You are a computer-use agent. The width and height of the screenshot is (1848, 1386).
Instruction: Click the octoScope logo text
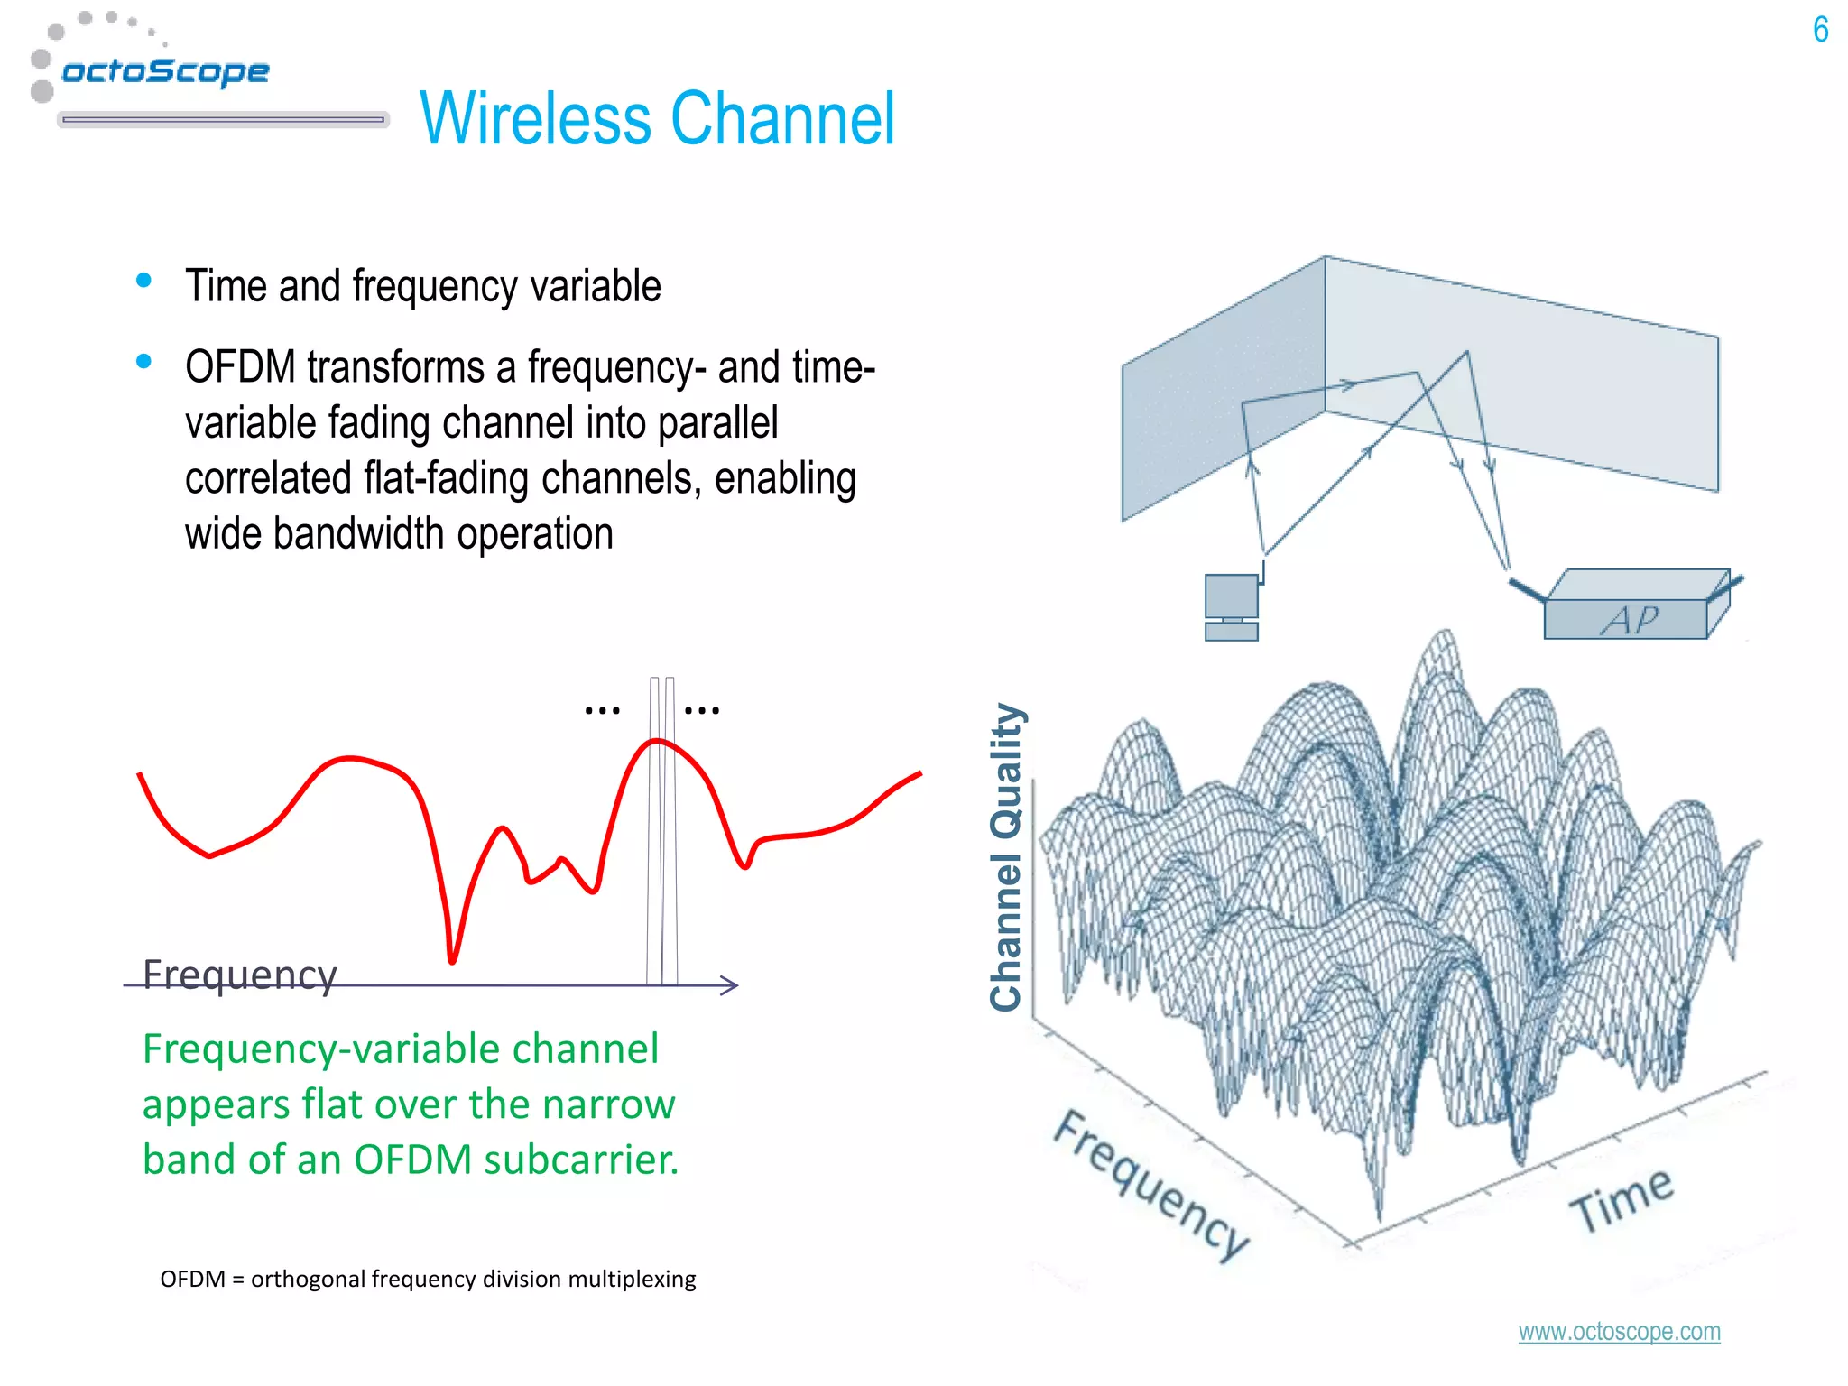[165, 71]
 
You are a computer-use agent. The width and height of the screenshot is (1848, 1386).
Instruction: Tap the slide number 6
[1820, 30]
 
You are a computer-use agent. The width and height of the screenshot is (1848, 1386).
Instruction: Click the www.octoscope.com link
[1619, 1332]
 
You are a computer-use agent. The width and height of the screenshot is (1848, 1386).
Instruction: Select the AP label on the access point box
[1630, 620]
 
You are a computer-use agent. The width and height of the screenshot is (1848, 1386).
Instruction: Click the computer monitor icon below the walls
[1231, 596]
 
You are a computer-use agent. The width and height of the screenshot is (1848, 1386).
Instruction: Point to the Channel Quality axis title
[1007, 856]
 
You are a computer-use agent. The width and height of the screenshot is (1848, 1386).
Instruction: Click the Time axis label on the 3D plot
[1622, 1199]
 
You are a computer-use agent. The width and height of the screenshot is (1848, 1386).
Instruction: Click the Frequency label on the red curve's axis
[240, 975]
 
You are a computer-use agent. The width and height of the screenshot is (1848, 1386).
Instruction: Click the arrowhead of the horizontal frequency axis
[731, 985]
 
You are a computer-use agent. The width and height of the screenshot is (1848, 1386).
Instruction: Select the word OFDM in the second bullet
[240, 367]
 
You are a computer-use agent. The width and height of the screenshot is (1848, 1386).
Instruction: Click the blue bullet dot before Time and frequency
[143, 281]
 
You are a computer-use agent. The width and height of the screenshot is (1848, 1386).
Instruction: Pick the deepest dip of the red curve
[452, 959]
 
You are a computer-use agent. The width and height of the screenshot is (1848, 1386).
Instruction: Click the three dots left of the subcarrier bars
[602, 711]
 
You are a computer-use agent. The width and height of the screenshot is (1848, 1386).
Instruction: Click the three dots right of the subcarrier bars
[702, 711]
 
